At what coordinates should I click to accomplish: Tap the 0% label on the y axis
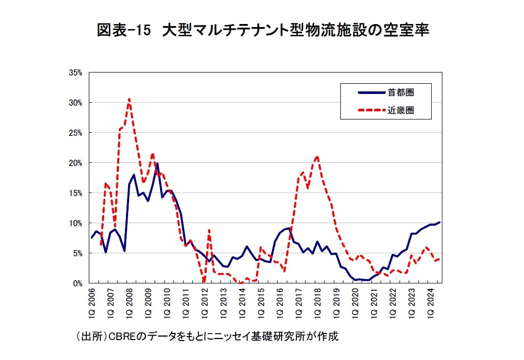78,283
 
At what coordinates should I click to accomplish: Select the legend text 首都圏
400,92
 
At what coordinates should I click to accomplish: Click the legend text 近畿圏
400,110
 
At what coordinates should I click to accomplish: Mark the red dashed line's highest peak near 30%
129,99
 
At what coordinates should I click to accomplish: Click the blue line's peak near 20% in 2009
157,164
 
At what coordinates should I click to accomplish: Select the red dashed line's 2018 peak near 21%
317,157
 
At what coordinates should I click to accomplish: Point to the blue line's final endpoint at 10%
440,223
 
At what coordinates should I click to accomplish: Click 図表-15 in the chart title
124,31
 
